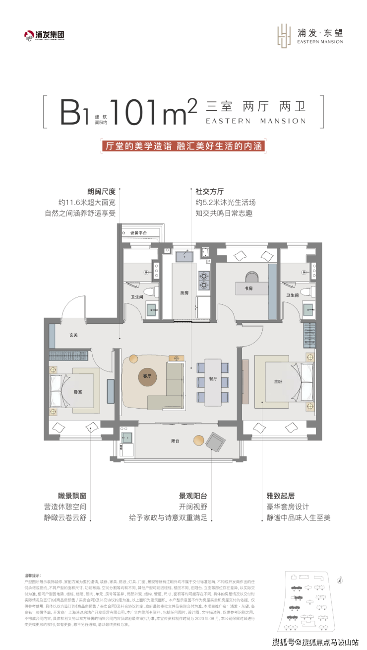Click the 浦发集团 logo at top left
(x=45, y=35)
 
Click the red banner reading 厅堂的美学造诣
(x=183, y=146)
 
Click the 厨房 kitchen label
(x=184, y=293)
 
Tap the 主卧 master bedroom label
(x=279, y=382)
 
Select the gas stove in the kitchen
(x=203, y=281)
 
